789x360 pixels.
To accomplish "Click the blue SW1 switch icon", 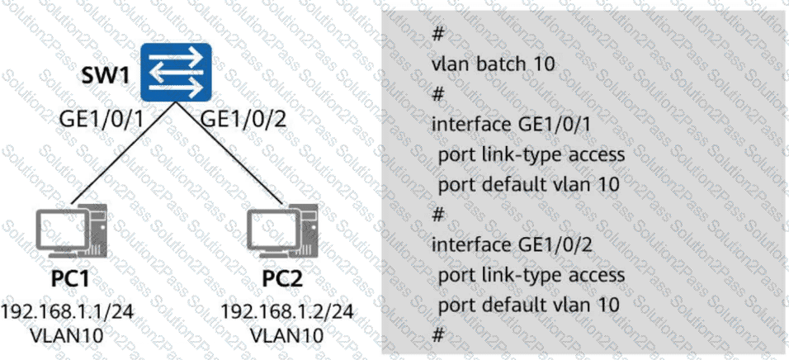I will pos(176,72).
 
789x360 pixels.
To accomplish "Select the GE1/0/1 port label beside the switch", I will pos(102,119).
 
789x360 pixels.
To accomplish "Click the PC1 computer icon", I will pos(72,232).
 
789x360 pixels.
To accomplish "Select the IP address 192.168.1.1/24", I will pos(67,311).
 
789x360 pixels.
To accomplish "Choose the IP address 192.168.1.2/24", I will pos(286,311).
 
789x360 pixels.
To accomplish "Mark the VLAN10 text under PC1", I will pos(67,338).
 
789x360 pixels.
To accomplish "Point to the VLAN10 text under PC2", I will pos(286,338).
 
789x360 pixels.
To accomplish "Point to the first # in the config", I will pos(438,34).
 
